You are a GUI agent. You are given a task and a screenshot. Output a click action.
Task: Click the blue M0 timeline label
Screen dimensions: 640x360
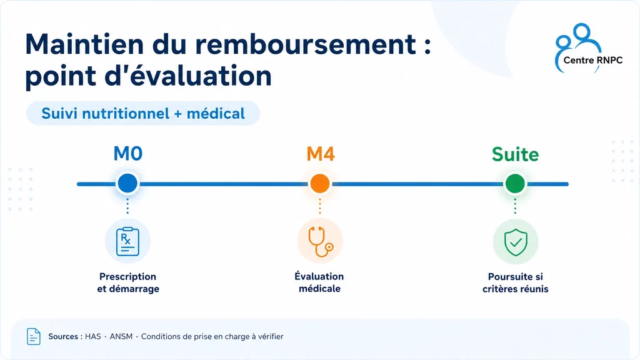(x=127, y=154)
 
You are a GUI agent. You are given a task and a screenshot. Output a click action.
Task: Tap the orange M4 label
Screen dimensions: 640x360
(x=321, y=154)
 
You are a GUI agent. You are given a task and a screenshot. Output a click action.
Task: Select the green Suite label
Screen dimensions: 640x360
(x=515, y=154)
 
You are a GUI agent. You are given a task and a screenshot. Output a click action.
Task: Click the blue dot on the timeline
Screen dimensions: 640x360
(x=127, y=183)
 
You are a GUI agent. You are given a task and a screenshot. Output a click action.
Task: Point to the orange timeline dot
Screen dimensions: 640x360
(x=320, y=183)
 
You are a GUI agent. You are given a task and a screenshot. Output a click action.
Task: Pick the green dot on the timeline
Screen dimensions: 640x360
(x=515, y=183)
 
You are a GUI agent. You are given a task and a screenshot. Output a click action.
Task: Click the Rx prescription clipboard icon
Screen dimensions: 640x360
(x=127, y=242)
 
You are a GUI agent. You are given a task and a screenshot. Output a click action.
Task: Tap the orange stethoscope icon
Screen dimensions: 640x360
(x=321, y=242)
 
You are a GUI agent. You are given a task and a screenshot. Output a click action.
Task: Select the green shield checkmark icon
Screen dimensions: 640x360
(x=516, y=242)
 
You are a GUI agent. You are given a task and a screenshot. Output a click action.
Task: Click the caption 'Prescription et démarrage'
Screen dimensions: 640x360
(x=127, y=282)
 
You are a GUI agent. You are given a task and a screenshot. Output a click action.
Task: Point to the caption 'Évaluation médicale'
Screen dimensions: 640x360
(x=319, y=282)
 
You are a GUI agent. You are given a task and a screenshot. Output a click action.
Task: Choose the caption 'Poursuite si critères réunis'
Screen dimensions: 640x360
(x=515, y=282)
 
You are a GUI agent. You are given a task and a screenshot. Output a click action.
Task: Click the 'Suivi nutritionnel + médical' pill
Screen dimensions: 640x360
(x=143, y=113)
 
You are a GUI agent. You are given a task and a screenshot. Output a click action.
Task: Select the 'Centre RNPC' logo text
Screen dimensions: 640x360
(x=592, y=60)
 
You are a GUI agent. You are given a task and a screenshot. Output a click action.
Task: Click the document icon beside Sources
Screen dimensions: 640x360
(x=34, y=336)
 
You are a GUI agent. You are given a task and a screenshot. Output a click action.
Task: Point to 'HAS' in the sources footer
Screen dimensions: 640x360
(x=92, y=336)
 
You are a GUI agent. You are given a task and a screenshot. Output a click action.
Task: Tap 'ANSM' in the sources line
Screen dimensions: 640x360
(x=121, y=336)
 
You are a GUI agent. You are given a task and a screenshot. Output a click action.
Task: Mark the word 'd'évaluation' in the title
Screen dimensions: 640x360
(x=188, y=76)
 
